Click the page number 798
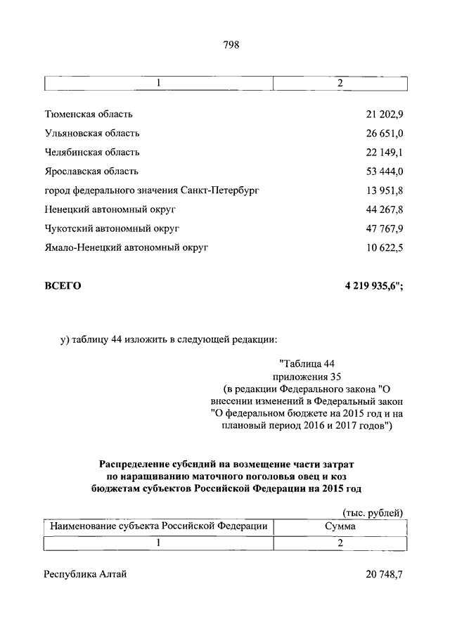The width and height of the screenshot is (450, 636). tap(231, 45)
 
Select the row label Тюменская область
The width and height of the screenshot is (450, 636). tap(89, 114)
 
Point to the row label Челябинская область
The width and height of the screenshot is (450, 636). tap(92, 152)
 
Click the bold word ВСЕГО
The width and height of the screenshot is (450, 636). tap(63, 285)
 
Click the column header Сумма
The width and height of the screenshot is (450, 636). tap(340, 526)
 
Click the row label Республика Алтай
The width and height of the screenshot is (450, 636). tap(85, 574)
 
